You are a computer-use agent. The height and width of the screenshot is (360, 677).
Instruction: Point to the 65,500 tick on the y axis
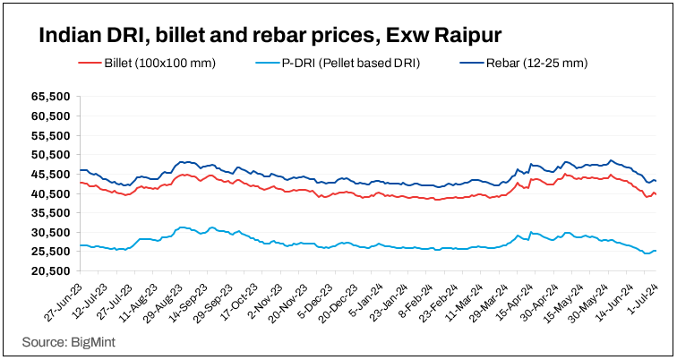point(50,96)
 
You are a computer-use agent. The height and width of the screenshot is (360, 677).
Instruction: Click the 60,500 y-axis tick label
point(50,116)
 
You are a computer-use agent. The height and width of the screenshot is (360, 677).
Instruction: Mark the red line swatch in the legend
point(90,64)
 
